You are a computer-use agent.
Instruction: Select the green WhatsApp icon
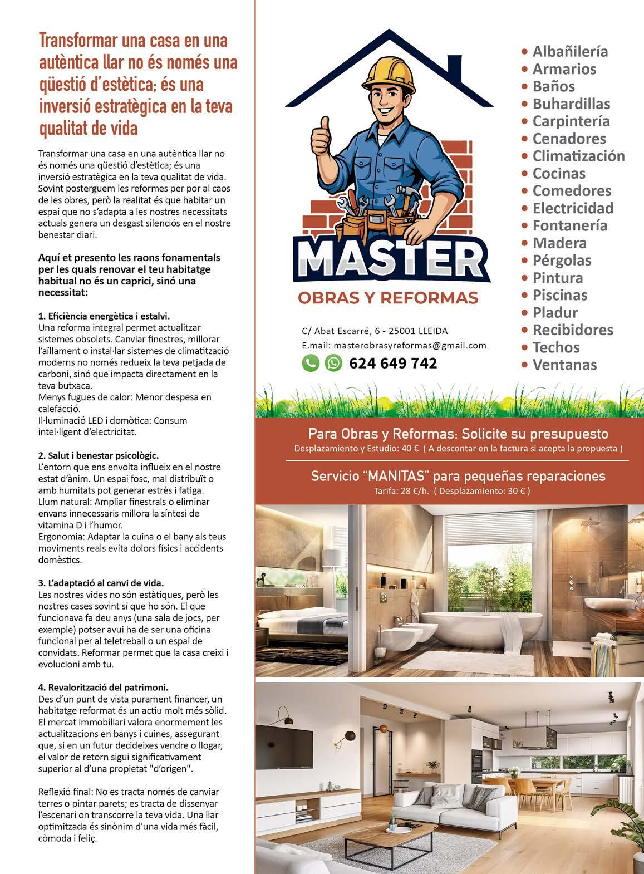point(333,363)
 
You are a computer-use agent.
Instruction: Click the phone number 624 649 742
point(393,364)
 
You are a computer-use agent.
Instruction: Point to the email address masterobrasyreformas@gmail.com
point(394,345)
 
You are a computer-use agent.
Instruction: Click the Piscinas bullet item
point(559,295)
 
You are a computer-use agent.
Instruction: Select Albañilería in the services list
point(569,52)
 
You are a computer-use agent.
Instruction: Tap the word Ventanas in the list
point(564,365)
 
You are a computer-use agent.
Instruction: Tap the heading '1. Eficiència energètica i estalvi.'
point(104,315)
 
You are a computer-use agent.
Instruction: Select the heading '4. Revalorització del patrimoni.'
point(103,687)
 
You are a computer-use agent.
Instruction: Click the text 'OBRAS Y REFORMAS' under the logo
point(388,298)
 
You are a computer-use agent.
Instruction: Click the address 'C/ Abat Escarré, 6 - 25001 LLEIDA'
point(375,331)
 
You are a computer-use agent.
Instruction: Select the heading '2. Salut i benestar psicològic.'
point(99,455)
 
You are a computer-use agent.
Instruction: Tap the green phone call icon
point(311,363)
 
